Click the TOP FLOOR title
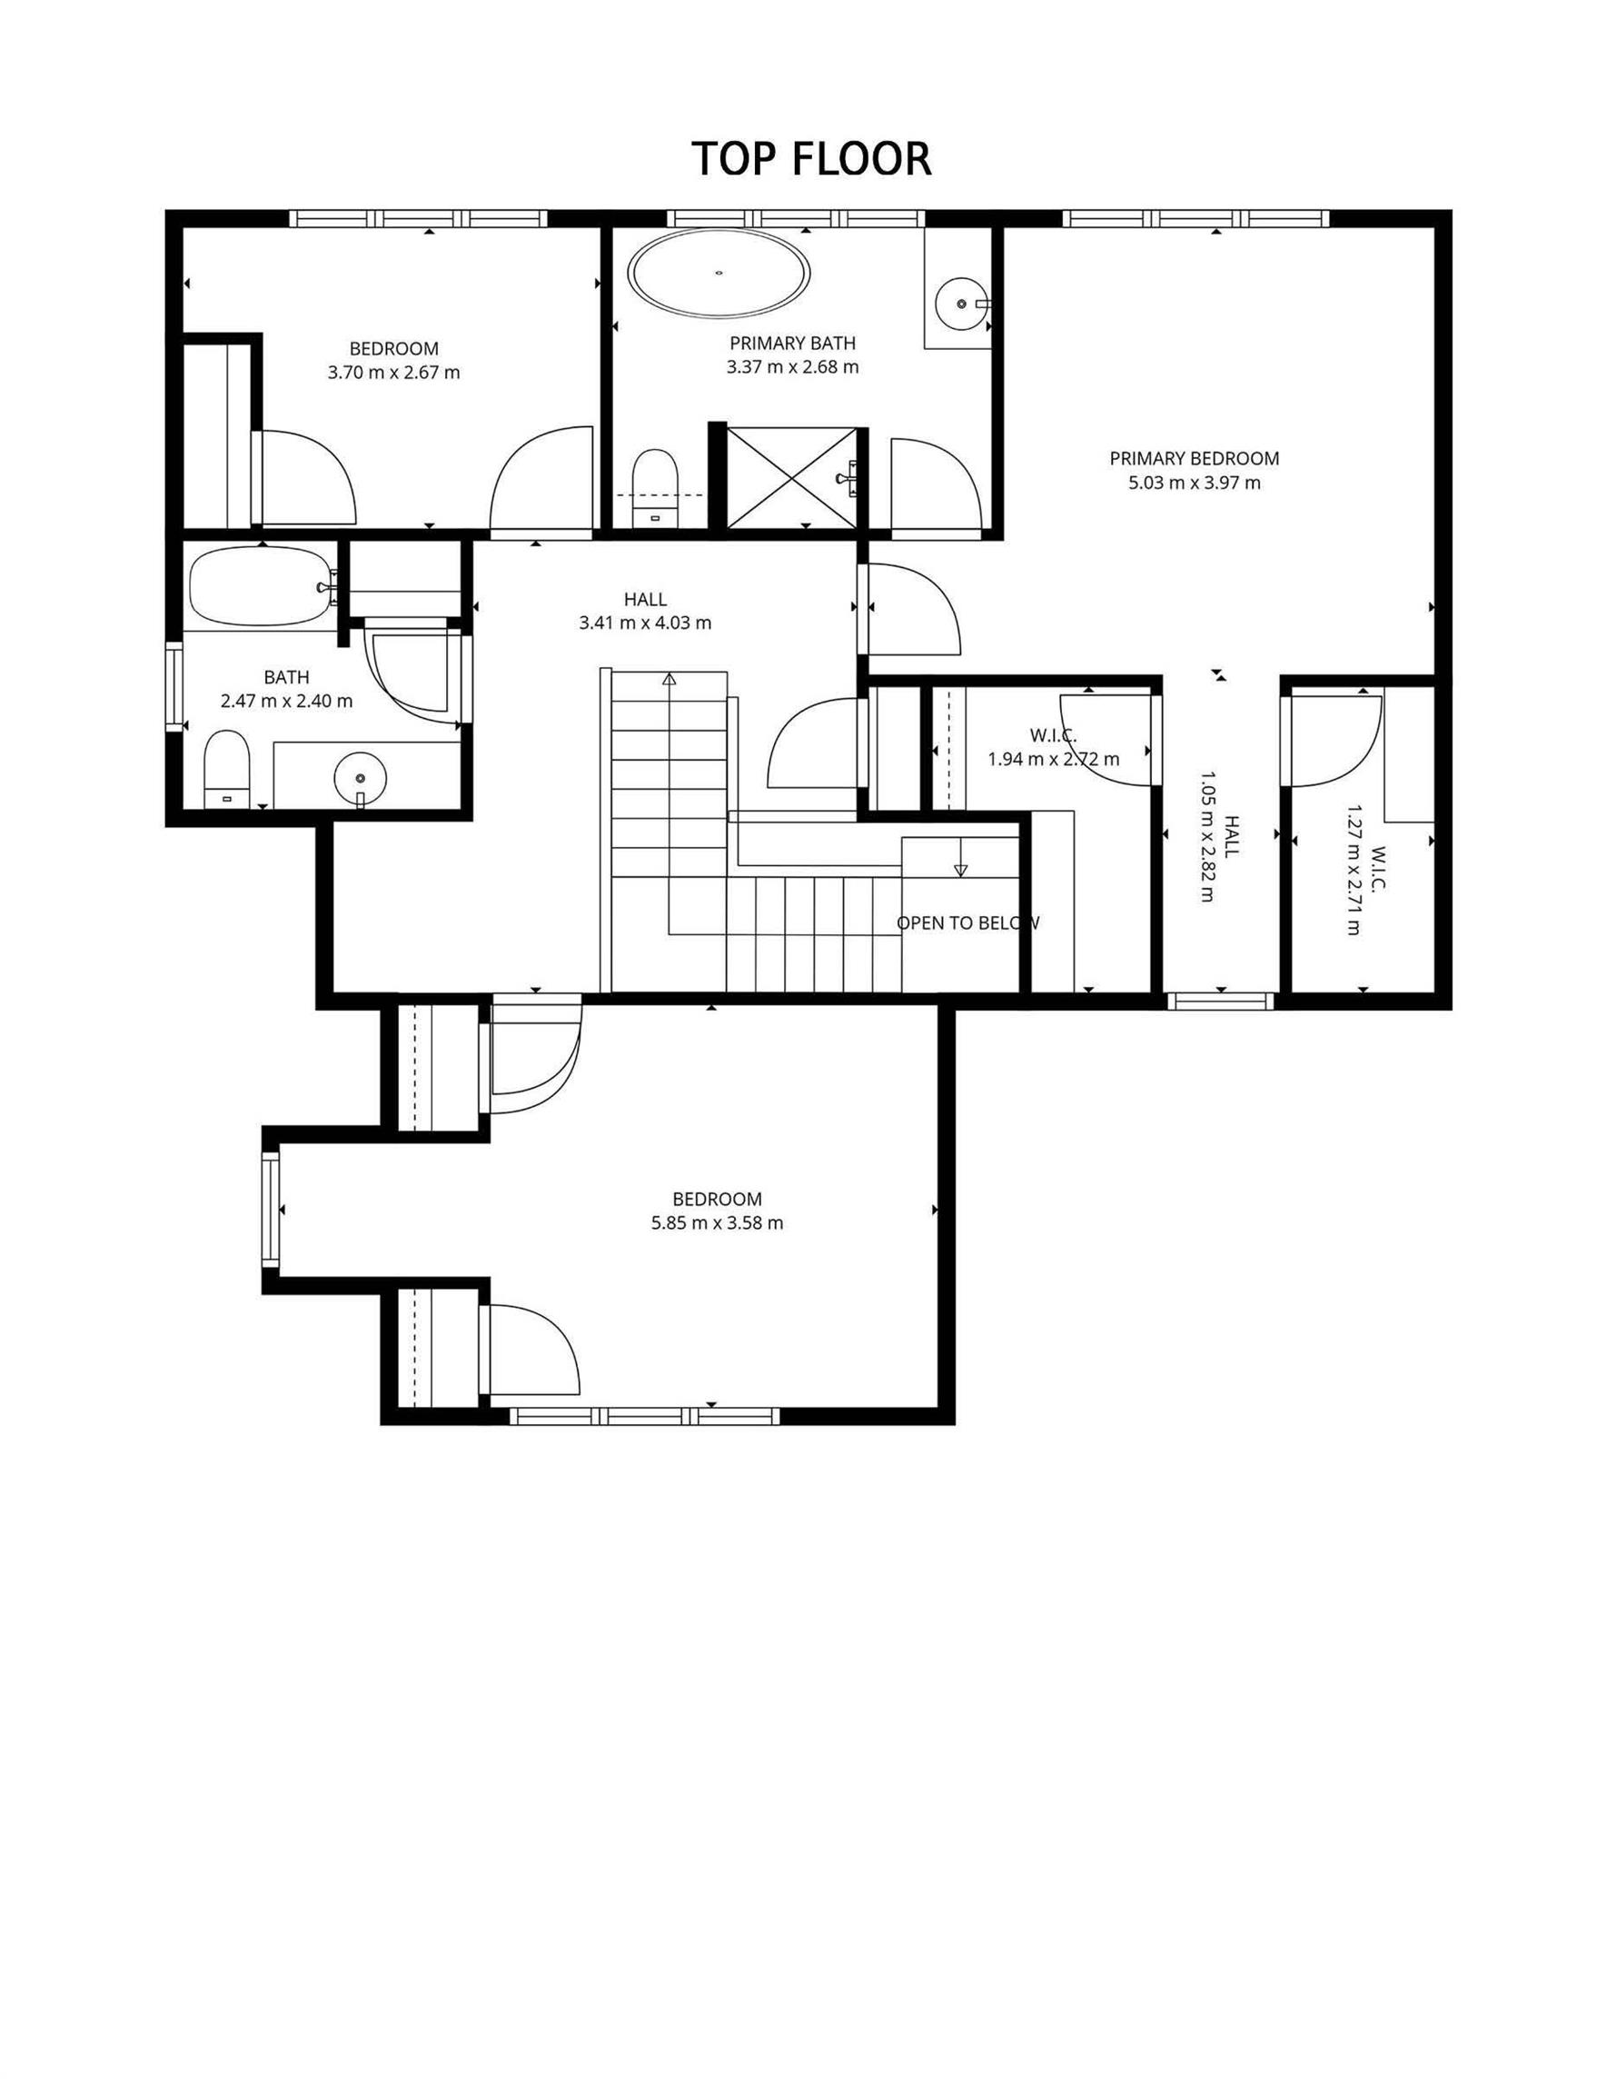pos(811,159)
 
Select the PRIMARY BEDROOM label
pos(1195,458)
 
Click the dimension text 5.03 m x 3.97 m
pos(1195,483)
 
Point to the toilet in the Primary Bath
pos(656,487)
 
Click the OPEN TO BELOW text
pos(968,923)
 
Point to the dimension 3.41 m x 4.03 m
pos(645,623)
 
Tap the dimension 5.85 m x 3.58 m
pos(717,1223)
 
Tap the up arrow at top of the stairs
pos(669,679)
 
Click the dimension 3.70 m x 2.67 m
pos(394,373)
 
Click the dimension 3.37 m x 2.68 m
pos(793,367)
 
